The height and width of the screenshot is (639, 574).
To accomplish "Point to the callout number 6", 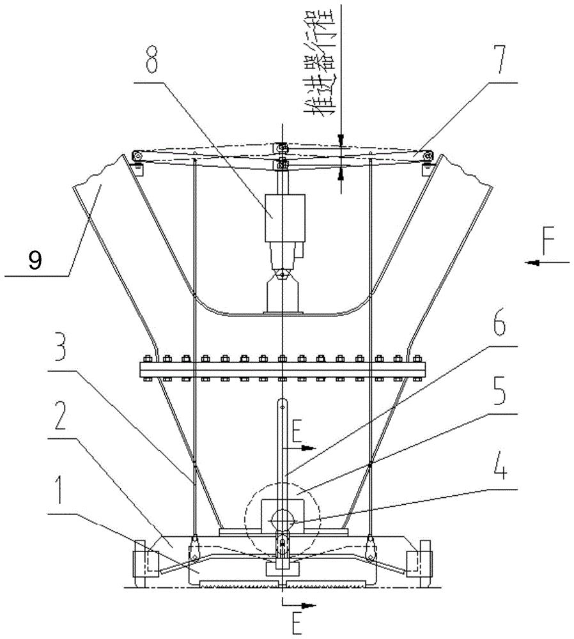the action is point(499,325).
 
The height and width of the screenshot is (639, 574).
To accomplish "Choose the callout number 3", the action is point(60,350).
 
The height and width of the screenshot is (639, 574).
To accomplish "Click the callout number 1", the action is point(60,494).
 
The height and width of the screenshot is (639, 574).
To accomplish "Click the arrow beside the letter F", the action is point(547,263).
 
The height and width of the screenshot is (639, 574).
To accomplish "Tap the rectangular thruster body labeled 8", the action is point(285,218).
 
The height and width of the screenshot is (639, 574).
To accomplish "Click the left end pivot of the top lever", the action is point(138,156).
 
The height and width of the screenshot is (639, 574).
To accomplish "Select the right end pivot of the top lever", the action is point(427,156).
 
